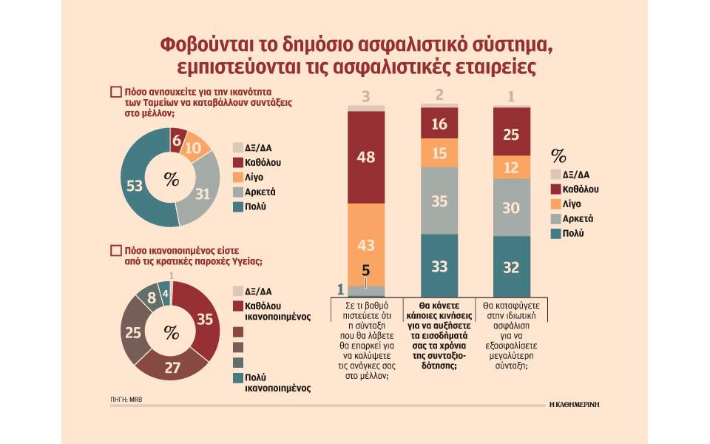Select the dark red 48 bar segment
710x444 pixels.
click(366, 157)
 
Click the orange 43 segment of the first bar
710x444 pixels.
click(366, 243)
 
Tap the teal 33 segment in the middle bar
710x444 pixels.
click(439, 266)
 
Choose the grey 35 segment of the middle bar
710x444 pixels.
click(439, 200)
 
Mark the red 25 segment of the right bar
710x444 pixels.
click(512, 132)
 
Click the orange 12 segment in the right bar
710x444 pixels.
click(512, 167)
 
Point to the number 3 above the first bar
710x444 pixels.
click(365, 96)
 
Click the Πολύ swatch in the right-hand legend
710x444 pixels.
click(558, 234)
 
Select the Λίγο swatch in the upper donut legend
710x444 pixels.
click(238, 176)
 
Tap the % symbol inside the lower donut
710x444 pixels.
click(172, 333)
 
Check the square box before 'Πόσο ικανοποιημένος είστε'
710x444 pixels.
click(115, 251)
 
